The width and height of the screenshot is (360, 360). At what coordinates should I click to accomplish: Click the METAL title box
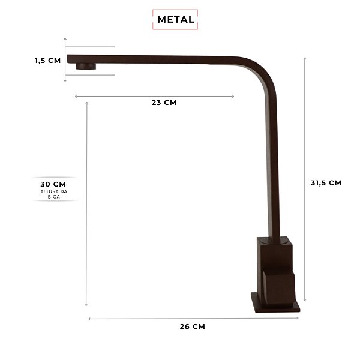click(175, 19)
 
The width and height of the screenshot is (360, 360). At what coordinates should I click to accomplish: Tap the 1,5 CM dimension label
click(47, 60)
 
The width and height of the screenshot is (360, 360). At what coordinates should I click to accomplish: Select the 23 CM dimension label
click(164, 103)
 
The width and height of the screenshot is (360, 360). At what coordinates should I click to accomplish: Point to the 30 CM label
click(53, 184)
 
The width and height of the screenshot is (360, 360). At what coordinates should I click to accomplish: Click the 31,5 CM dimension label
click(326, 183)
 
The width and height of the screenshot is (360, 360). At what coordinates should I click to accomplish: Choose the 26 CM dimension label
click(192, 327)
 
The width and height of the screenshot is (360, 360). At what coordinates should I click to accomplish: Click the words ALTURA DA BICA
click(53, 194)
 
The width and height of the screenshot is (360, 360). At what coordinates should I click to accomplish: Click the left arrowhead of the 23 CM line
click(76, 96)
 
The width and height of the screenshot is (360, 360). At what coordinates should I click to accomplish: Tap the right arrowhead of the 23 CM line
click(233, 96)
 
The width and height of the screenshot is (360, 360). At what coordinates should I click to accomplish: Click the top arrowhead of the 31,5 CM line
click(305, 58)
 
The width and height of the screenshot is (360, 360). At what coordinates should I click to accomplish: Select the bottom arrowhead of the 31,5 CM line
click(305, 300)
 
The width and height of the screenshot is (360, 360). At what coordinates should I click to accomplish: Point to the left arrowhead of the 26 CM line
click(89, 319)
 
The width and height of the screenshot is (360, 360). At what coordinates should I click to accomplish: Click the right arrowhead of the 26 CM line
click(298, 319)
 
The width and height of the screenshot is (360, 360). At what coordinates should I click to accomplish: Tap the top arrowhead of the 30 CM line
click(88, 103)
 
